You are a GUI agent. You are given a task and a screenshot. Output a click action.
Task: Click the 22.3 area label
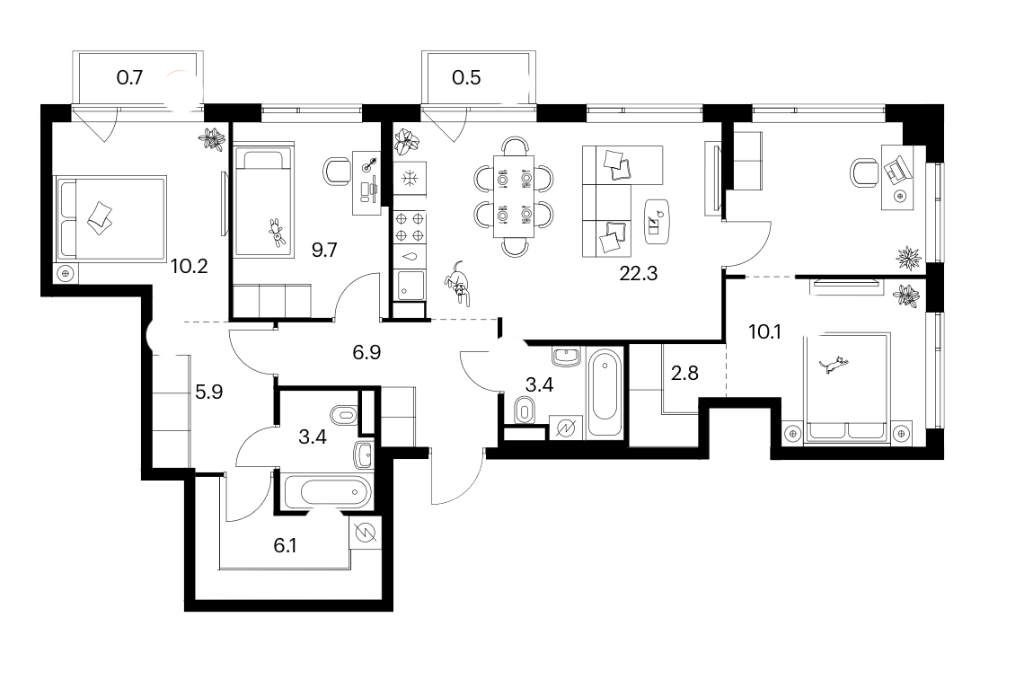(638, 274)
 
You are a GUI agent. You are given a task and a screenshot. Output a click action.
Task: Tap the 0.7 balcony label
(129, 77)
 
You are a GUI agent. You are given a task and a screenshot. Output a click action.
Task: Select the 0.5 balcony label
(466, 77)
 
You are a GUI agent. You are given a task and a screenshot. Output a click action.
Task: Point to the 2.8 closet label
(684, 373)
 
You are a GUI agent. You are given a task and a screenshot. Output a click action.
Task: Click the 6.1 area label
(285, 545)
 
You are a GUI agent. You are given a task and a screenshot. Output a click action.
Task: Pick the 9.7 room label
(324, 250)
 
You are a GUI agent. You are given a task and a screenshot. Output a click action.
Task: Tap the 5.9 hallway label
(209, 392)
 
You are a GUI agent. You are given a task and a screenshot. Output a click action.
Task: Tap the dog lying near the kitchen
(458, 283)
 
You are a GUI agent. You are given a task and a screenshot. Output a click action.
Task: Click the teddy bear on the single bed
(277, 233)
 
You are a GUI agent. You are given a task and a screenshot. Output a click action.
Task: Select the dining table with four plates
(513, 197)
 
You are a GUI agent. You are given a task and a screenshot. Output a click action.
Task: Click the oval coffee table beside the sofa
(657, 220)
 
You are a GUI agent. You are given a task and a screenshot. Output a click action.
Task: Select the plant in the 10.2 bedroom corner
(212, 139)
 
